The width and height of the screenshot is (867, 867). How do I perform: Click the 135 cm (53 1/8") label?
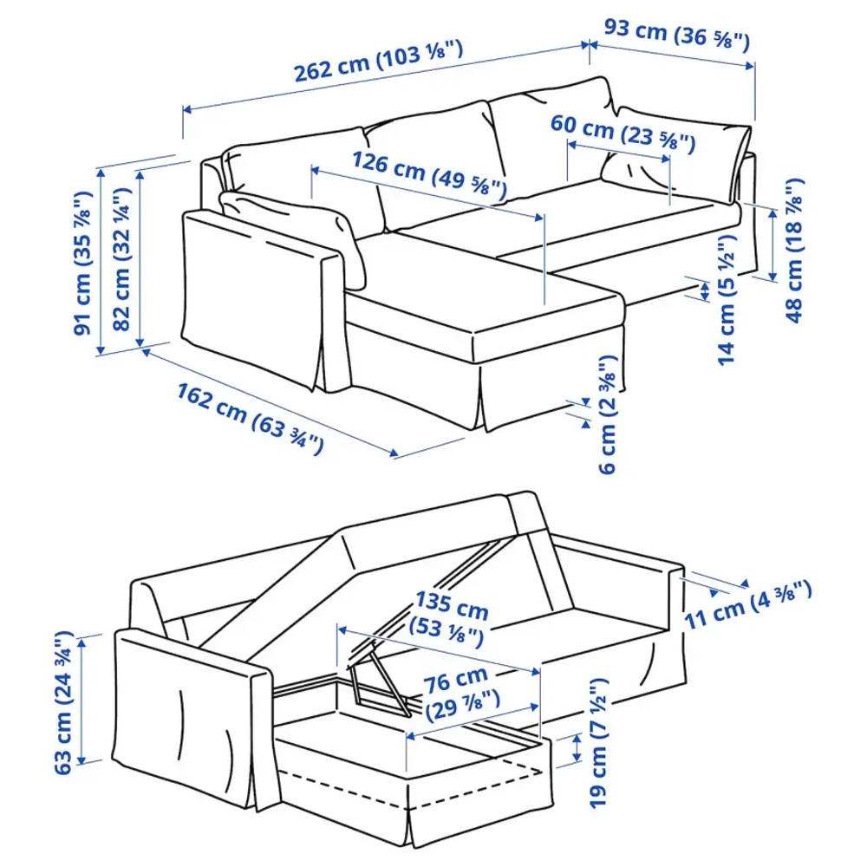[448, 618]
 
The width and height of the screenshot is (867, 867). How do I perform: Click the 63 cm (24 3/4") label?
[62, 702]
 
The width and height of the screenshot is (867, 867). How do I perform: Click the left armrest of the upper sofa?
[260, 295]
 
